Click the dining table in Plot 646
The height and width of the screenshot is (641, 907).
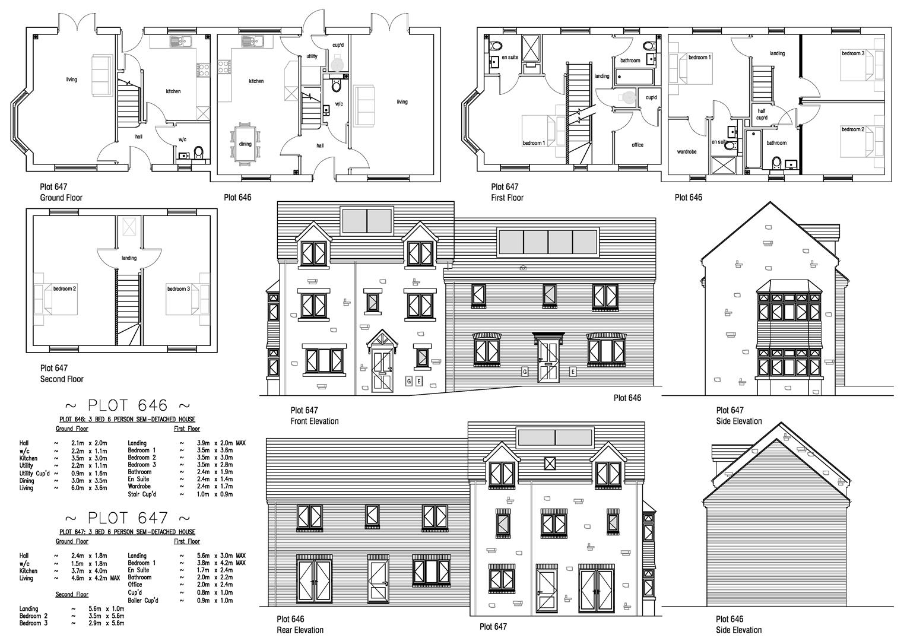click(245, 143)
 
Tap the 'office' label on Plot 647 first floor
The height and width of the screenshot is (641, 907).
click(637, 145)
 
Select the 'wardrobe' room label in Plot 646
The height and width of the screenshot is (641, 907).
click(687, 151)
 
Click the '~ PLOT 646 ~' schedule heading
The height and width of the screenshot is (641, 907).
click(127, 406)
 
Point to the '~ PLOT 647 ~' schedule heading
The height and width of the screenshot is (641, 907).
click(127, 518)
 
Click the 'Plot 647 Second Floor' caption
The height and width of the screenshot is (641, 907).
click(61, 373)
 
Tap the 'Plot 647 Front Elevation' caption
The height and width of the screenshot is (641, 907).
click(314, 415)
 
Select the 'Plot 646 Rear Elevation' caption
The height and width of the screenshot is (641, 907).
click(300, 624)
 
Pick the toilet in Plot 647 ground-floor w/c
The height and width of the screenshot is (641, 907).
click(198, 154)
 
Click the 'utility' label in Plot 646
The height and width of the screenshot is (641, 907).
click(312, 56)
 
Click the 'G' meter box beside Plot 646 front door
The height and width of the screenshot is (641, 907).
click(525, 372)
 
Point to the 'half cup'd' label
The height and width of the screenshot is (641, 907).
click(762, 114)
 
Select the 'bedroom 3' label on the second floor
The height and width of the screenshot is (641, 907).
click(178, 289)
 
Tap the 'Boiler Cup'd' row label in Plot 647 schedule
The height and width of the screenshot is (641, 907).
click(143, 600)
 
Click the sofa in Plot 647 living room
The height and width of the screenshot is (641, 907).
click(102, 75)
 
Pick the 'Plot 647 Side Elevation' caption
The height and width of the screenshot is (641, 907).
click(738, 415)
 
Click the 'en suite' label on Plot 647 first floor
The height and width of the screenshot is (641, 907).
click(509, 58)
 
